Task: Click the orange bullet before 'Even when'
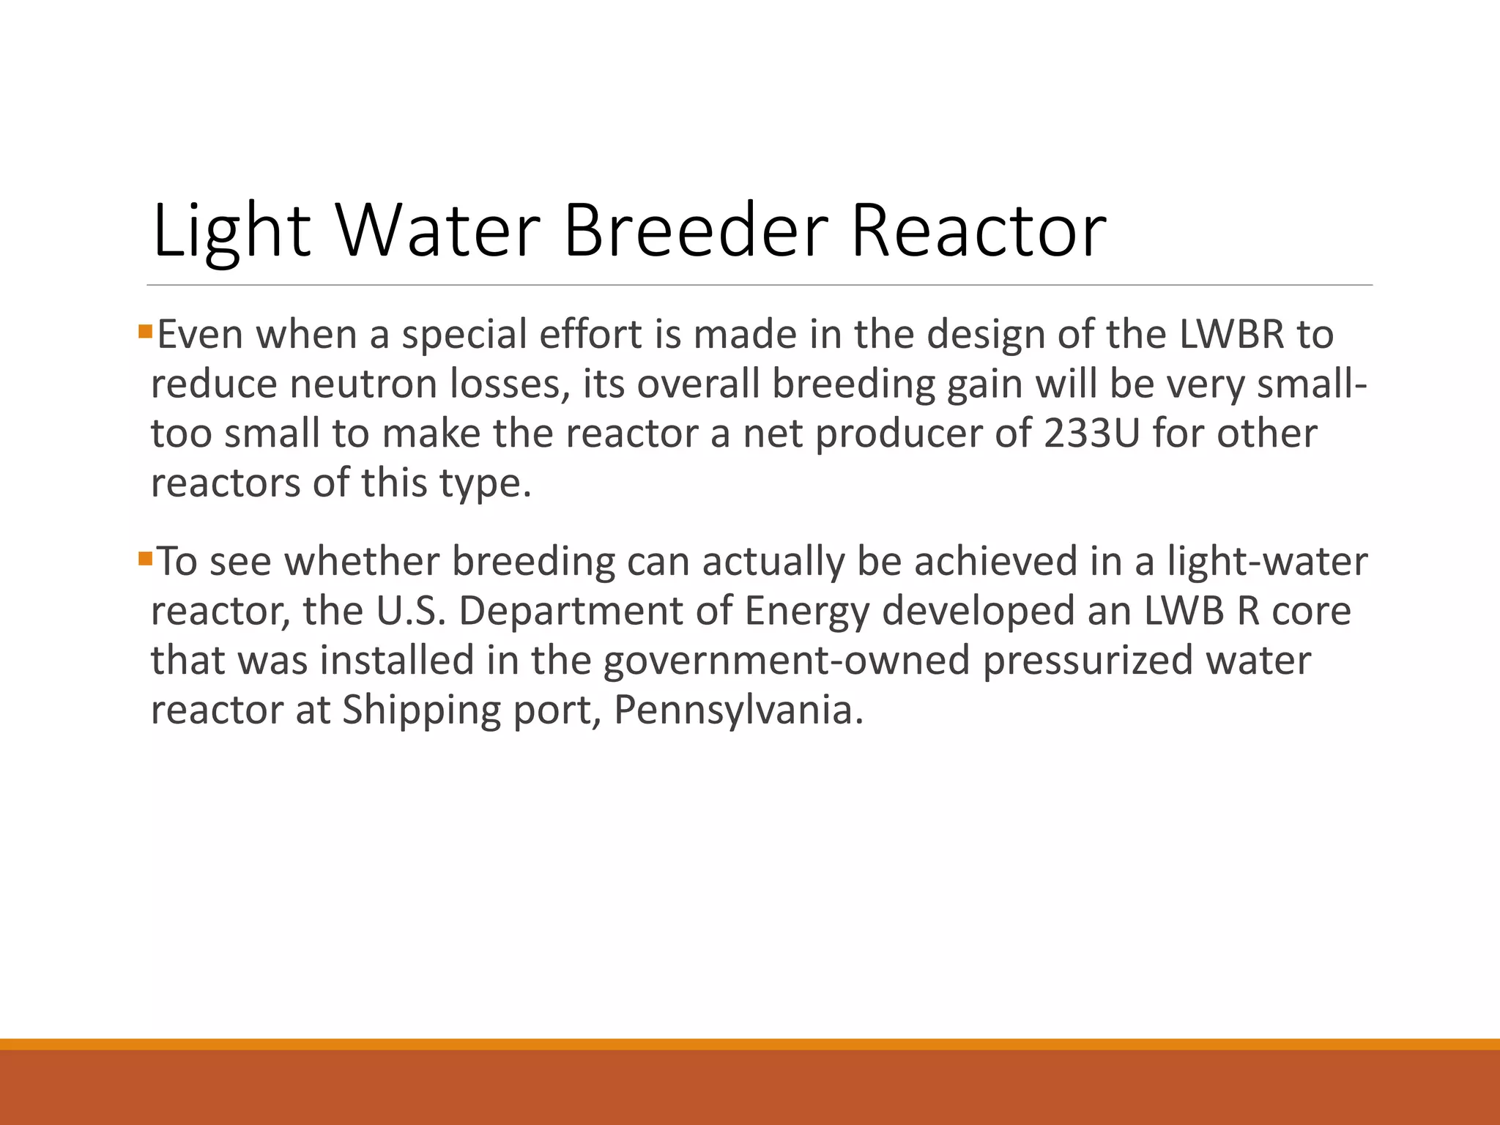click(144, 332)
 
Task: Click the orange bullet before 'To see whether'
click(144, 560)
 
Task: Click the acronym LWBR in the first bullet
click(1232, 334)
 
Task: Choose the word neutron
click(363, 384)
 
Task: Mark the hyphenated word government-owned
click(787, 660)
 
